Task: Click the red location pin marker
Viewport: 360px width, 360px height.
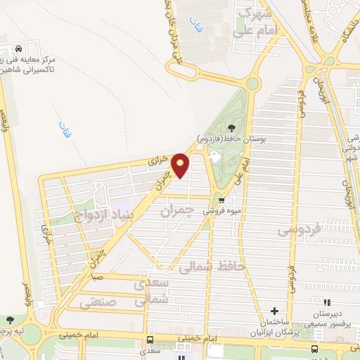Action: coord(181,165)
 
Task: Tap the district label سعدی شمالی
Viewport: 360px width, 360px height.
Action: coord(154,290)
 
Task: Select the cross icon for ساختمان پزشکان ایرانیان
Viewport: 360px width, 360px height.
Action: coord(275,311)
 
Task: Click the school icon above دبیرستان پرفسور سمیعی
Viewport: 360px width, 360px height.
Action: coord(326,303)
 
